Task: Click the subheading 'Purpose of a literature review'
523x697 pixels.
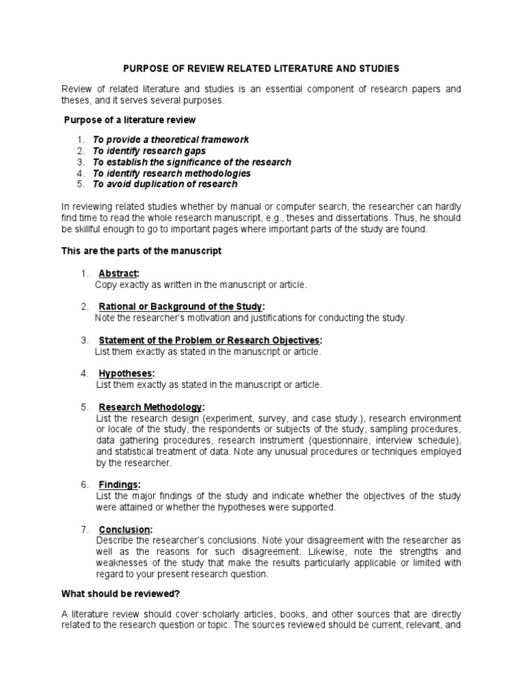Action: (x=129, y=120)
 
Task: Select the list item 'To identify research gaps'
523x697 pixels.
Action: (x=149, y=150)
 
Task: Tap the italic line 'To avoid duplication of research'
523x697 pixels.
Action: (x=165, y=184)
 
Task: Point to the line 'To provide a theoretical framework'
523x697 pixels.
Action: (x=171, y=140)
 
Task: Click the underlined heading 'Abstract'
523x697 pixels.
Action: (x=118, y=274)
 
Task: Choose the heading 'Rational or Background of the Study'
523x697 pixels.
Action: (x=181, y=306)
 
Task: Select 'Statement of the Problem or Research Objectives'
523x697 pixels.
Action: (x=210, y=340)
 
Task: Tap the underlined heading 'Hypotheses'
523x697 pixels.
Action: (x=126, y=373)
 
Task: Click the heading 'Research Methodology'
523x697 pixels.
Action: (x=150, y=406)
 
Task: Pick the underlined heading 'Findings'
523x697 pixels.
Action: (x=119, y=485)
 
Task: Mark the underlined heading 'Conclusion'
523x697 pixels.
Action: (x=125, y=530)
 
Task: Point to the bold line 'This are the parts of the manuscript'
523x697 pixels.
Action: (x=142, y=251)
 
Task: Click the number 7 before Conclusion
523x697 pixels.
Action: (x=84, y=530)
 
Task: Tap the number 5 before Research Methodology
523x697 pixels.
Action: (x=84, y=406)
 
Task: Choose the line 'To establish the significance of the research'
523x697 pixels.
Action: (x=192, y=162)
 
